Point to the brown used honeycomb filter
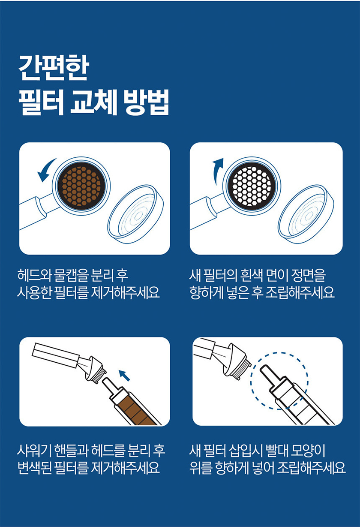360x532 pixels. click(81, 185)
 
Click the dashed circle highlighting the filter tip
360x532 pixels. click(280, 382)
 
